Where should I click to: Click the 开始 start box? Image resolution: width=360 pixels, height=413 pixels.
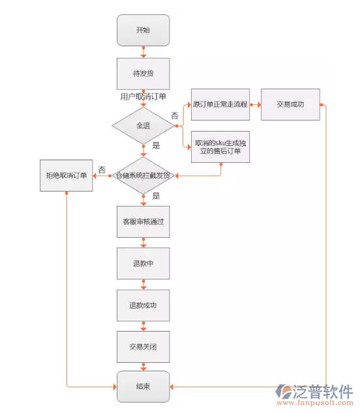point(143,31)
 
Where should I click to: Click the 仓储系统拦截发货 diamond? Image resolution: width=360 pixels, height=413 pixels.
point(143,175)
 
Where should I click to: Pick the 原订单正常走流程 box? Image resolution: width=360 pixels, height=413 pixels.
point(220,104)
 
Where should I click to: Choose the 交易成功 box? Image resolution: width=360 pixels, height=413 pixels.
point(290,104)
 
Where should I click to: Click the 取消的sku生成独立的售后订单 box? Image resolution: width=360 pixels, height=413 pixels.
point(220,147)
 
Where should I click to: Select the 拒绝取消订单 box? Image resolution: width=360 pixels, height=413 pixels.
point(66,175)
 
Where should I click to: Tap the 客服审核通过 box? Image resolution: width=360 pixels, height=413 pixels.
point(143,221)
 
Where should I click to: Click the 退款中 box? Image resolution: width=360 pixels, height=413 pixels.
point(143,264)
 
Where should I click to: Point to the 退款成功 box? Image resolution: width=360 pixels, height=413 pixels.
point(143,306)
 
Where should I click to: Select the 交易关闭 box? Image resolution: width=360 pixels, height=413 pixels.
point(143,347)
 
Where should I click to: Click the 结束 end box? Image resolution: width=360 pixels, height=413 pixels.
point(143,387)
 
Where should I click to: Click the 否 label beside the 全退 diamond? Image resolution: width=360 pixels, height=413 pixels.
point(175,115)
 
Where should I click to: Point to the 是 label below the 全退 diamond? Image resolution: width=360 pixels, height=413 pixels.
point(156,145)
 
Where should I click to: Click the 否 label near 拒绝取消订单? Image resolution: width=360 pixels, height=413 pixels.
point(102,169)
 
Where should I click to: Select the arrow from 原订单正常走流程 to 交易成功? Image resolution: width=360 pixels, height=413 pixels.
point(255,104)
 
